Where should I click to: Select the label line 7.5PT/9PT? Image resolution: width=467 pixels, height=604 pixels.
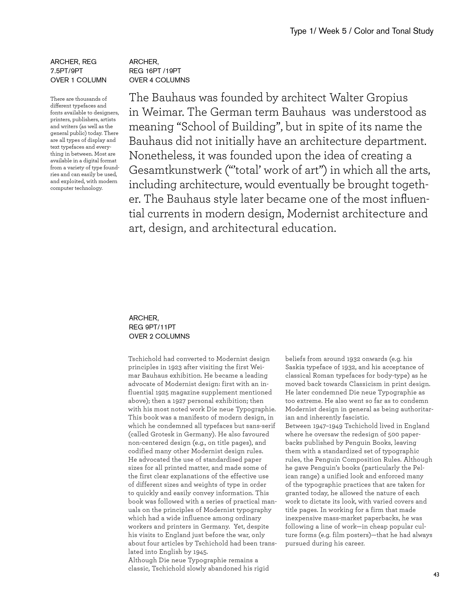tap(66, 71)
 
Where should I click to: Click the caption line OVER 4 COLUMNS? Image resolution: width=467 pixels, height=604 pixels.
tap(159, 80)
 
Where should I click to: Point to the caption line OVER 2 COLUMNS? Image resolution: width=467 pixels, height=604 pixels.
tap(159, 336)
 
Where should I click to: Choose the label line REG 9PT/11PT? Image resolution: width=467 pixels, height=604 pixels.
tap(152, 327)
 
